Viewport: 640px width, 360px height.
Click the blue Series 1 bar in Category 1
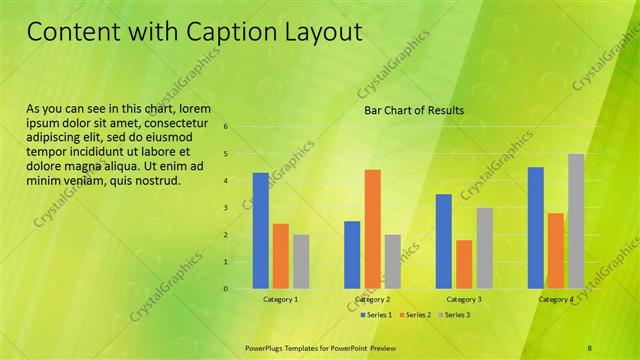[260, 230]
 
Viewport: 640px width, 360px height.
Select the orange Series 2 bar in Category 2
[372, 228]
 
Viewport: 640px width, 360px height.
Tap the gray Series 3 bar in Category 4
[576, 221]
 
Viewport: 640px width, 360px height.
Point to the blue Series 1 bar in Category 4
[535, 227]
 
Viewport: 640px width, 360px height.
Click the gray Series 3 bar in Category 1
[301, 261]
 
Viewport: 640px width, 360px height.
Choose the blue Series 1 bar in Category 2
[352, 254]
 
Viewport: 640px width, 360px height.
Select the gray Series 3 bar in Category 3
[484, 248]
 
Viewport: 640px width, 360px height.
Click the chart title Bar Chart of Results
[413, 110]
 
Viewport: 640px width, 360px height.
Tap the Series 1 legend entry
[375, 314]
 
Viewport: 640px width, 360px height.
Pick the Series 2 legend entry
[414, 314]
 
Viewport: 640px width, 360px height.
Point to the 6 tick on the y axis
[226, 127]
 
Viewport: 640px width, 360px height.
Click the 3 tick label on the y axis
[226, 208]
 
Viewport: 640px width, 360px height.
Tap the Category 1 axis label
[281, 299]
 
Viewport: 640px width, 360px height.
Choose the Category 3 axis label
[464, 299]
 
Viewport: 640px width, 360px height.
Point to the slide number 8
[589, 347]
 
